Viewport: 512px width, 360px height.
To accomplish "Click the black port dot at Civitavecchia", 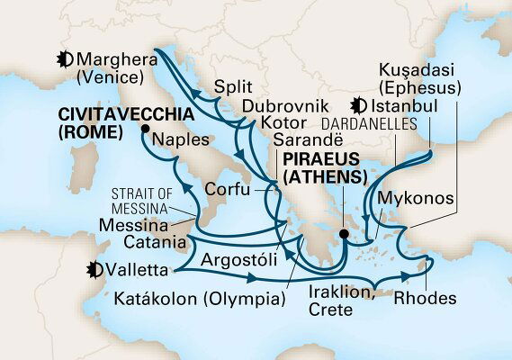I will tap(144, 130).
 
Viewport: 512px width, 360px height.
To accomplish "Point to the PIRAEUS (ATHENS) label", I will tap(324, 168).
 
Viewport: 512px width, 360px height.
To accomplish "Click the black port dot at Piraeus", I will tap(343, 237).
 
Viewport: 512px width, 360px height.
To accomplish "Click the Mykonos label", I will tap(414, 195).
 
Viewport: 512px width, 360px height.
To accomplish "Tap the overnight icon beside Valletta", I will tap(92, 268).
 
